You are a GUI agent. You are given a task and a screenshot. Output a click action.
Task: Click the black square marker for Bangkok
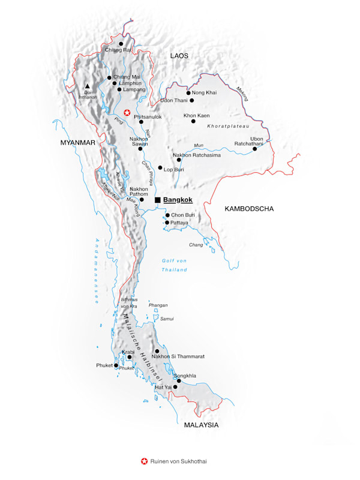[x=157, y=200]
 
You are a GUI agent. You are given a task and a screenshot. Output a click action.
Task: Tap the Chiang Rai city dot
[x=121, y=44]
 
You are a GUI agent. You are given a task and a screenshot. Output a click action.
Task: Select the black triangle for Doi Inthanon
[x=88, y=86]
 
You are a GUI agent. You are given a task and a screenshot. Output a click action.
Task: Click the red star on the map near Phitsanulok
[x=127, y=112]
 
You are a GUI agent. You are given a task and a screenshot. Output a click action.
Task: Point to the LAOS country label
[x=179, y=56]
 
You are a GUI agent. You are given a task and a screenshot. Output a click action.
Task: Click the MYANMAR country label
[x=78, y=142]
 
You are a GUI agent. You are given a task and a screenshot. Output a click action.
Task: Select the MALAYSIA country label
[x=201, y=425]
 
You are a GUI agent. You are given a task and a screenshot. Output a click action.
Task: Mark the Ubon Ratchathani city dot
[x=254, y=149]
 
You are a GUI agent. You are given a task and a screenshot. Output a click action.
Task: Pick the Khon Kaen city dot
[x=193, y=121]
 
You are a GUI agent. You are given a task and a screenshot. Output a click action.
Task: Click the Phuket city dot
[x=116, y=365]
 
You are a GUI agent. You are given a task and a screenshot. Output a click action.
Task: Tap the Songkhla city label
[x=185, y=376]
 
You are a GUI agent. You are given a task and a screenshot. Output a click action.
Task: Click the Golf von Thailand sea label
[x=175, y=265]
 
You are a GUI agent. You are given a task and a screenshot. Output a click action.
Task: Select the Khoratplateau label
[x=227, y=127]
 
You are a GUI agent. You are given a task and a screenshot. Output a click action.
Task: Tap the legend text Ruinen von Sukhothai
[x=178, y=461]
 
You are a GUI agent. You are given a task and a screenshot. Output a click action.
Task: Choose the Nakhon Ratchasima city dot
[x=179, y=160]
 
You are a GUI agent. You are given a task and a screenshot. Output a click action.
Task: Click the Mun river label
[x=199, y=146]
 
